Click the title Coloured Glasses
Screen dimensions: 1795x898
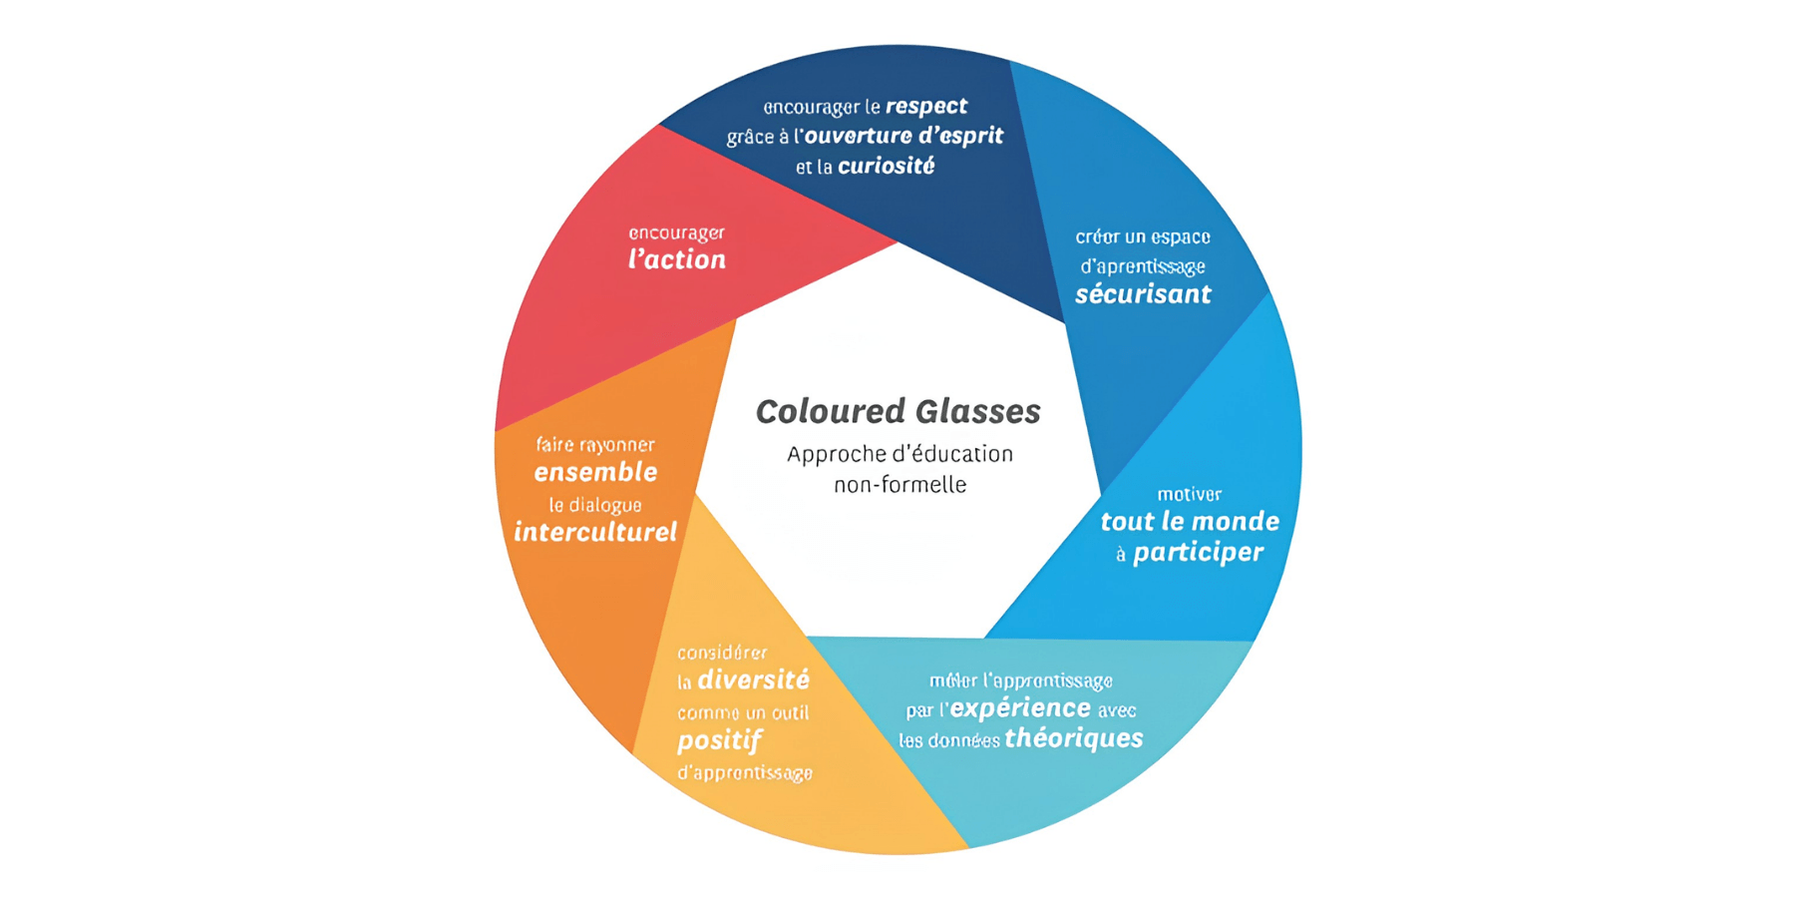[897, 411]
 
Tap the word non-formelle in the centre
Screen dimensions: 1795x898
[899, 485]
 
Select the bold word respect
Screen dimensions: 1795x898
[926, 107]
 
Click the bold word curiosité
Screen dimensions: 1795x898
[887, 166]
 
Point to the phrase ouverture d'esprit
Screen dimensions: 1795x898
[903, 136]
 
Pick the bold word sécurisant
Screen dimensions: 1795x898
[1143, 294]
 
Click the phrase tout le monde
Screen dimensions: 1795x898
[1190, 521]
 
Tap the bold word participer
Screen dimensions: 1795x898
[1199, 553]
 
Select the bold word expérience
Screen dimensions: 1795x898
[1020, 708]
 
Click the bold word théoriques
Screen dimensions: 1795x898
[1074, 738]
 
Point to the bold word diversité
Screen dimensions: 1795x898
[754, 680]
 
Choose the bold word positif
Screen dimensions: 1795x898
[719, 741]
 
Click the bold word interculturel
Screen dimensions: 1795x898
[595, 532]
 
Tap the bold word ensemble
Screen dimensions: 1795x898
[595, 472]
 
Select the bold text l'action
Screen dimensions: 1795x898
[677, 259]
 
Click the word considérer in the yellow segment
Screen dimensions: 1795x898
[722, 653]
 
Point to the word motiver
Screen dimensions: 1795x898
[1189, 494]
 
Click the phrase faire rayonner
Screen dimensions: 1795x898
[595, 445]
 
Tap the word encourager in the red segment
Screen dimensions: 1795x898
[676, 233]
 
